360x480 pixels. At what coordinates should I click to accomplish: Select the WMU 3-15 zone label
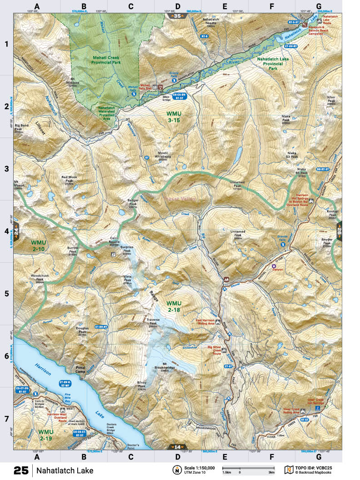tap(173, 117)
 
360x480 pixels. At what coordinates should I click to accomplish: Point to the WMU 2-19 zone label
tap(45, 434)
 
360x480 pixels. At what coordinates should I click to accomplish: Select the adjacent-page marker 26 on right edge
tap(339, 231)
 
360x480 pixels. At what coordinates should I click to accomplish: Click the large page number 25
tap(21, 470)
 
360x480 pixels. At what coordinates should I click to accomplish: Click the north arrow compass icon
tap(175, 470)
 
